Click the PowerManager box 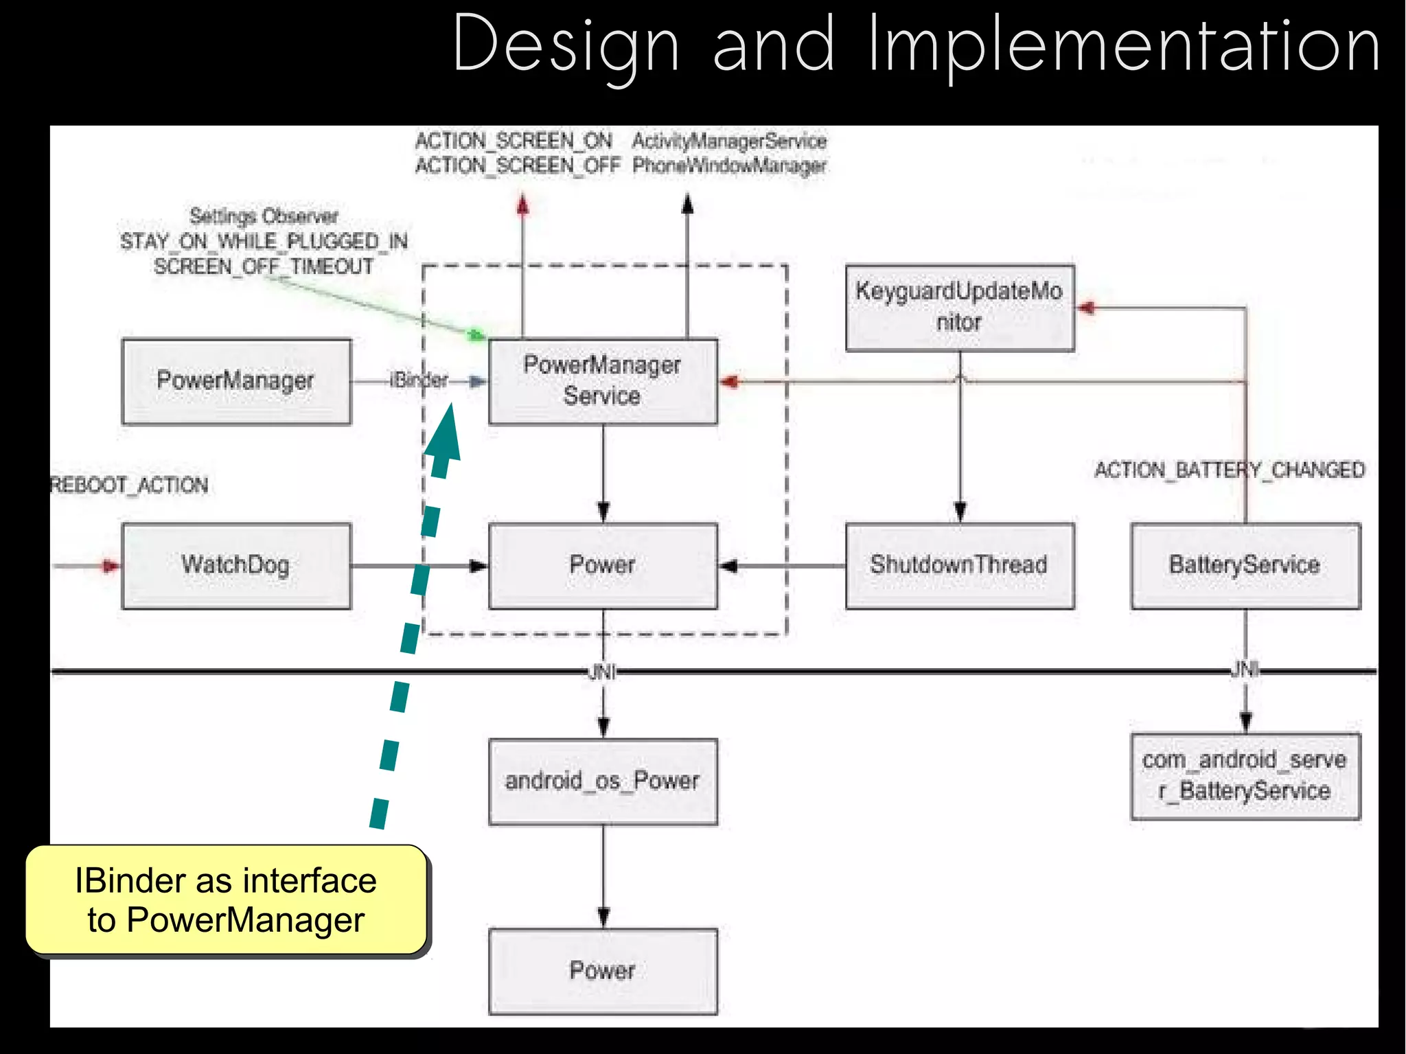coord(236,381)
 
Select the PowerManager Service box coord(603,381)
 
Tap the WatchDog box coord(236,566)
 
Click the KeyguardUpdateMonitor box coord(959,308)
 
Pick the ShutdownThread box coord(959,566)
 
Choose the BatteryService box coord(1245,566)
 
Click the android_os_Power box coord(603,781)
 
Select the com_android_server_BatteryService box coord(1245,776)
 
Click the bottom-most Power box coord(603,971)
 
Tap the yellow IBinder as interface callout coord(226,900)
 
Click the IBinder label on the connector coord(419,380)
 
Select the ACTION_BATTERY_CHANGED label coord(1229,470)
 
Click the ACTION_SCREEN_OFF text coord(518,165)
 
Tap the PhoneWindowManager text coord(729,165)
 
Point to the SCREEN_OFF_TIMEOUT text coord(264,266)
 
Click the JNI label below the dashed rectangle coord(602,672)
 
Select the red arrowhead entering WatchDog coord(111,566)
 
